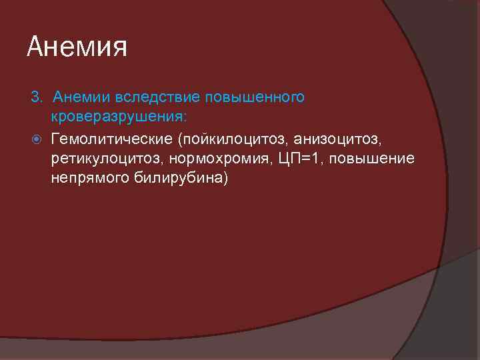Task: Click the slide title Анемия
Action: pyautogui.click(x=77, y=47)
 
